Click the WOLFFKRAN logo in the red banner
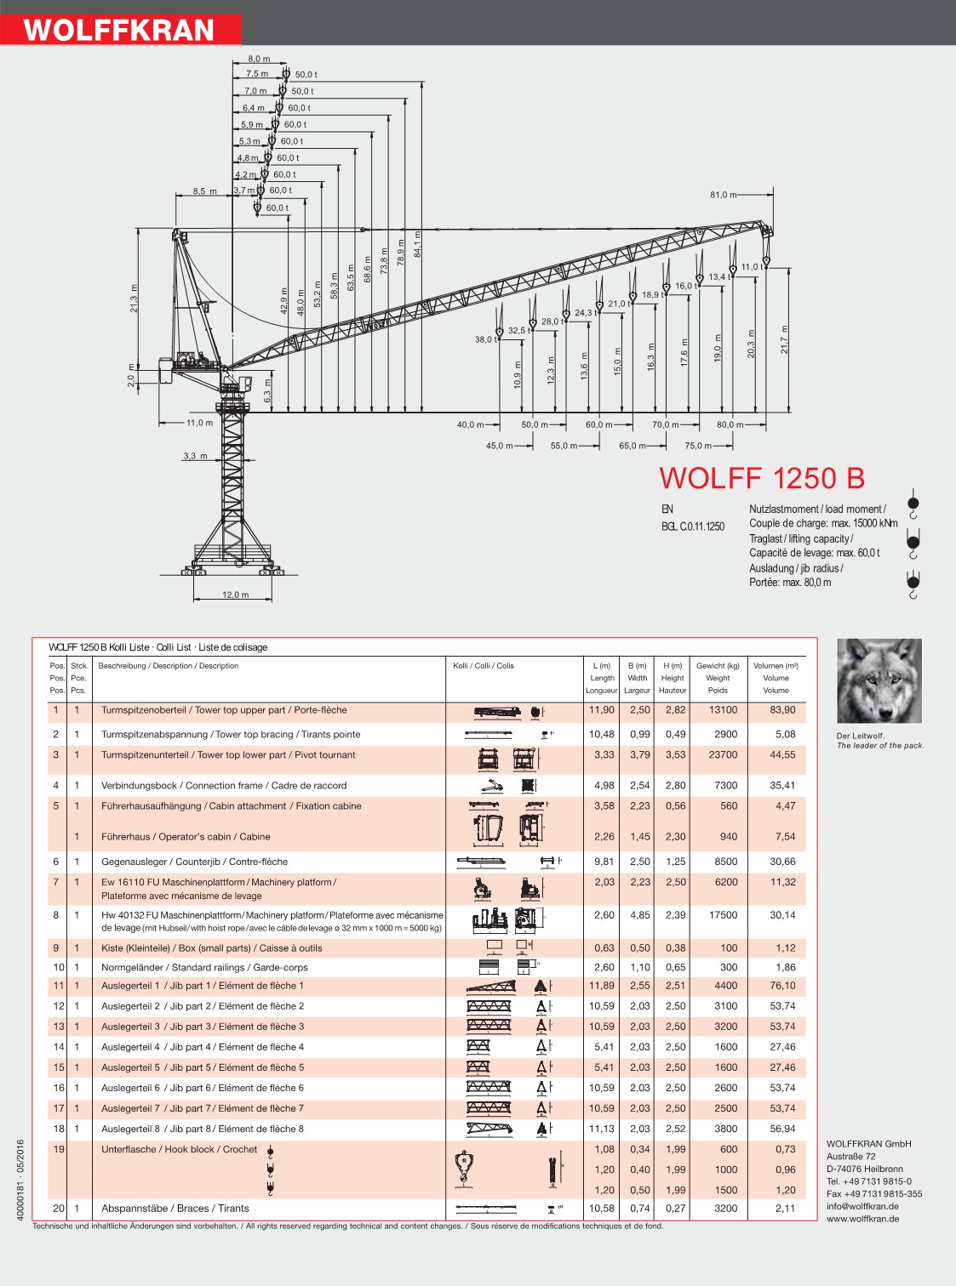click(119, 30)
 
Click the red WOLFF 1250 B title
click(762, 478)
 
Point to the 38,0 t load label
click(486, 339)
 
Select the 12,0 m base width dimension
click(235, 595)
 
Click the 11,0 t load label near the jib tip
click(753, 267)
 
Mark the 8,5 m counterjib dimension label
click(204, 191)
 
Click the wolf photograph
click(879, 680)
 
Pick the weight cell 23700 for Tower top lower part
click(723, 754)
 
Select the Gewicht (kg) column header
click(718, 666)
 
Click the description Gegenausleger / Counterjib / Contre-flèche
click(194, 862)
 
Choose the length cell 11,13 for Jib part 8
click(601, 1129)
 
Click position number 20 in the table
click(58, 1208)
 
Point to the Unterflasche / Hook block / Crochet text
click(179, 1149)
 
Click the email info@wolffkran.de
click(862, 1206)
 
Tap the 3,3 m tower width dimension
click(195, 456)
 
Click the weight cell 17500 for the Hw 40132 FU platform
click(723, 915)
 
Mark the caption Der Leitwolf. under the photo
click(861, 736)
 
